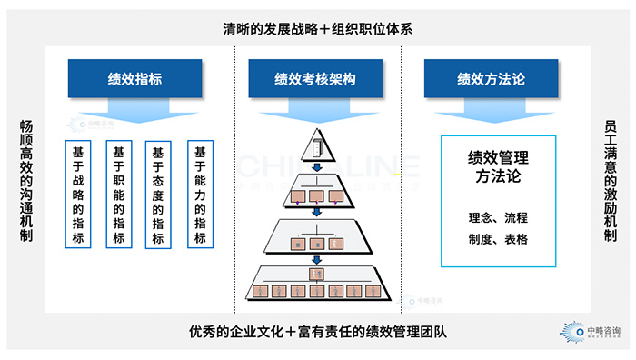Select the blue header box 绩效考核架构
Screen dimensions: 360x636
[x=315, y=79]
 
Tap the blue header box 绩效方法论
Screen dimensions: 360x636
[x=491, y=79]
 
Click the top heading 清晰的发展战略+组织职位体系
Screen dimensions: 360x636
[x=318, y=28]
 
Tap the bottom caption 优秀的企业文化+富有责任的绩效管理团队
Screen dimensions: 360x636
[x=318, y=332]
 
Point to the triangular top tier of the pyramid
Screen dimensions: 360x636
[x=316, y=145]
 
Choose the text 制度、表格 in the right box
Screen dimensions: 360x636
[x=497, y=239]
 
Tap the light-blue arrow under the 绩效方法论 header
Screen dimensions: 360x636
[x=491, y=112]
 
